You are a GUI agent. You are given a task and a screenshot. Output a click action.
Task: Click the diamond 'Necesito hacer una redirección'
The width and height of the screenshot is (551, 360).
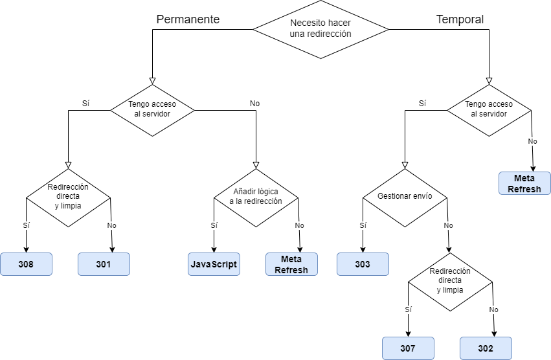click(320, 28)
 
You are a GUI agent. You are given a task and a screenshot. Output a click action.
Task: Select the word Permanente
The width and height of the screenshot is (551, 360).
click(188, 19)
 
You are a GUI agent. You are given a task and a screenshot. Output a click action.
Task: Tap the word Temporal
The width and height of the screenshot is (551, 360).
click(460, 19)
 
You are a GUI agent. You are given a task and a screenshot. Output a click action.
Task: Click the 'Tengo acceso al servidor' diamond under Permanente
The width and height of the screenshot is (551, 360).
click(152, 109)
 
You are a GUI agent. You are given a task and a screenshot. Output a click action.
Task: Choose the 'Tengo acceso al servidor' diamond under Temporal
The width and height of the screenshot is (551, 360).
click(489, 109)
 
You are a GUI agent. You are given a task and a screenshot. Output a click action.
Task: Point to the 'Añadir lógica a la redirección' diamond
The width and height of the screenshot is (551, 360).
click(257, 197)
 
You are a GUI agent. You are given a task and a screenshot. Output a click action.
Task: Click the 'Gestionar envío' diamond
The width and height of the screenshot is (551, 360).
click(405, 197)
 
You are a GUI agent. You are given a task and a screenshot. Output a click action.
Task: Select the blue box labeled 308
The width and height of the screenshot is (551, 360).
click(26, 264)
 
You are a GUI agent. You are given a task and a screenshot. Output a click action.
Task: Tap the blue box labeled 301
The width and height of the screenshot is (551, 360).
click(104, 264)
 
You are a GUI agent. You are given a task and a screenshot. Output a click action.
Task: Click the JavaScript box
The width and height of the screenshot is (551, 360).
click(214, 264)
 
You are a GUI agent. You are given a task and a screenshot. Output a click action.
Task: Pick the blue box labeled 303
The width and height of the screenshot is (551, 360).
click(363, 264)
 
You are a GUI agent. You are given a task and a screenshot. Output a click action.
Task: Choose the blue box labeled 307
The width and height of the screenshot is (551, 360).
click(408, 348)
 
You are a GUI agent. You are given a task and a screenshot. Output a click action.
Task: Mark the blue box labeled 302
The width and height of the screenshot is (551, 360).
click(486, 348)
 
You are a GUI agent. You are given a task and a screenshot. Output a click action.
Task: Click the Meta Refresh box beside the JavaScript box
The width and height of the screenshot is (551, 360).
click(291, 264)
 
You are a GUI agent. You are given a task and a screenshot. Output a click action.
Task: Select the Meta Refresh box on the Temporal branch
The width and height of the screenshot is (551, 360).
click(524, 183)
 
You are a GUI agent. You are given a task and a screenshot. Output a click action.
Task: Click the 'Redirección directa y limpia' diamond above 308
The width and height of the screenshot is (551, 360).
click(68, 197)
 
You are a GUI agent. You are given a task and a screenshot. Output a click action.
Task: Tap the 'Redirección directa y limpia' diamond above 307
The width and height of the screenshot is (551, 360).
click(450, 281)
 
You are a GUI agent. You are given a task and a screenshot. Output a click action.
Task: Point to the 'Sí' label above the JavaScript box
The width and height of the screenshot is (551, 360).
click(214, 225)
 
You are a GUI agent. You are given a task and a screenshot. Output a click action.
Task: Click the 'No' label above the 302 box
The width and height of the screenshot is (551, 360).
click(494, 309)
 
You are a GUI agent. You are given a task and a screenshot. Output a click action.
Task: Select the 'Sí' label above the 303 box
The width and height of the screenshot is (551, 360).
click(363, 225)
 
